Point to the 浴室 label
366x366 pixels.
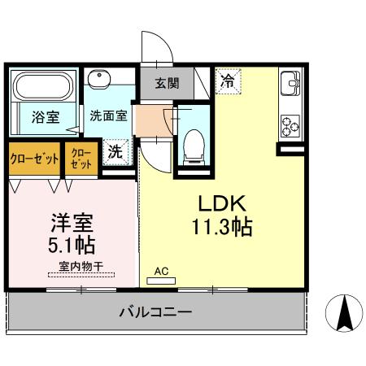[45, 117]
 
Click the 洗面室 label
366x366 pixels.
[107, 115]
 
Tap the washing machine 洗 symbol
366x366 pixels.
[116, 151]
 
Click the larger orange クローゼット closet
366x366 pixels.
[34, 159]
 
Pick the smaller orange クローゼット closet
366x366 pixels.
[81, 158]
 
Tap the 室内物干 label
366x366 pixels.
[80, 266]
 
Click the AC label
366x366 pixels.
[160, 272]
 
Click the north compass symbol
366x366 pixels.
[342, 314]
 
